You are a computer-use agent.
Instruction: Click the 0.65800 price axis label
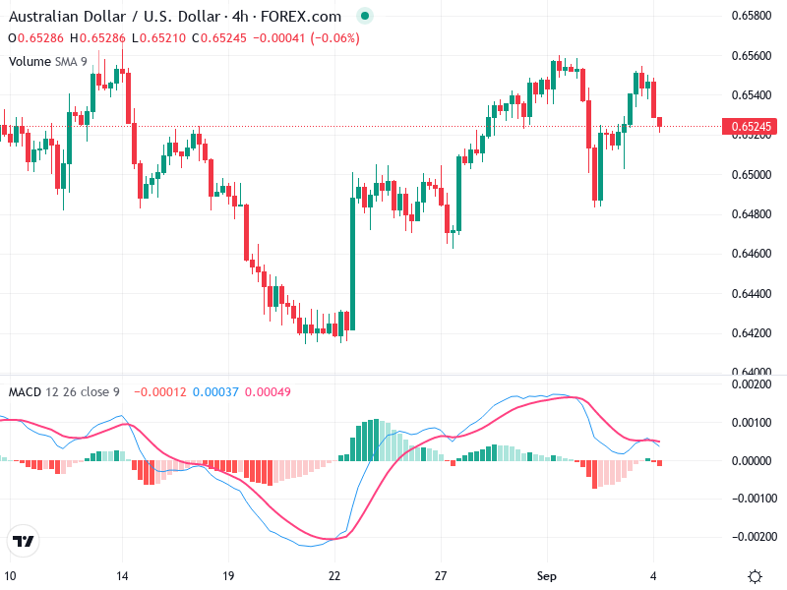tap(752, 16)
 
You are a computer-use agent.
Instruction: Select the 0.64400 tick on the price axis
tap(752, 294)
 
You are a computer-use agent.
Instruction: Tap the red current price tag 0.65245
tap(753, 127)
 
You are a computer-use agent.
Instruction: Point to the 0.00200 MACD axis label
tap(752, 384)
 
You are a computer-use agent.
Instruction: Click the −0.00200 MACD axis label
tap(750, 537)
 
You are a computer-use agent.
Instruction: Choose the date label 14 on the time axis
tap(122, 576)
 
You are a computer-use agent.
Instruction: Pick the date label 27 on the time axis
tap(441, 576)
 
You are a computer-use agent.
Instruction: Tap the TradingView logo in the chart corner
tap(24, 542)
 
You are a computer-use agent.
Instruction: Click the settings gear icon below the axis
tap(755, 576)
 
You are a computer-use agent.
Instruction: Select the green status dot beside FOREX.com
tap(365, 17)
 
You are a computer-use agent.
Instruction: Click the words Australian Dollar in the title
tap(58, 17)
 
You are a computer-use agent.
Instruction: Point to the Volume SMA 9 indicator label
tap(48, 61)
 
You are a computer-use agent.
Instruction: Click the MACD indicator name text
tap(25, 392)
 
